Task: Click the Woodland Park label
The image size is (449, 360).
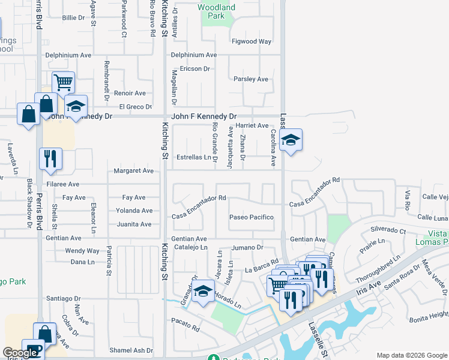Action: pos(217,11)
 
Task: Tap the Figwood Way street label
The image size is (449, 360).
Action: pos(252,41)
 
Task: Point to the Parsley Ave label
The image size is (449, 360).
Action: pos(250,79)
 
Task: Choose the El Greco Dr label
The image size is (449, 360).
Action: pos(135,107)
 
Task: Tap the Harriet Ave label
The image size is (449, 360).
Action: pos(252,125)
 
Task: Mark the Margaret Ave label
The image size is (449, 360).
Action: pos(133,170)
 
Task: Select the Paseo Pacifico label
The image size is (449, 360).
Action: pos(252,217)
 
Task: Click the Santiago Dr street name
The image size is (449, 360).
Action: pos(64,298)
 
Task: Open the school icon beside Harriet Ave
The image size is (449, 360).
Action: pos(291,140)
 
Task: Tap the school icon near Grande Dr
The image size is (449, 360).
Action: pos(203,291)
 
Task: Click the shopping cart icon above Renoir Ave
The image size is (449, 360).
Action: pos(63,82)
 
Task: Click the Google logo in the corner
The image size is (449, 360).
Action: pos(20,353)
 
